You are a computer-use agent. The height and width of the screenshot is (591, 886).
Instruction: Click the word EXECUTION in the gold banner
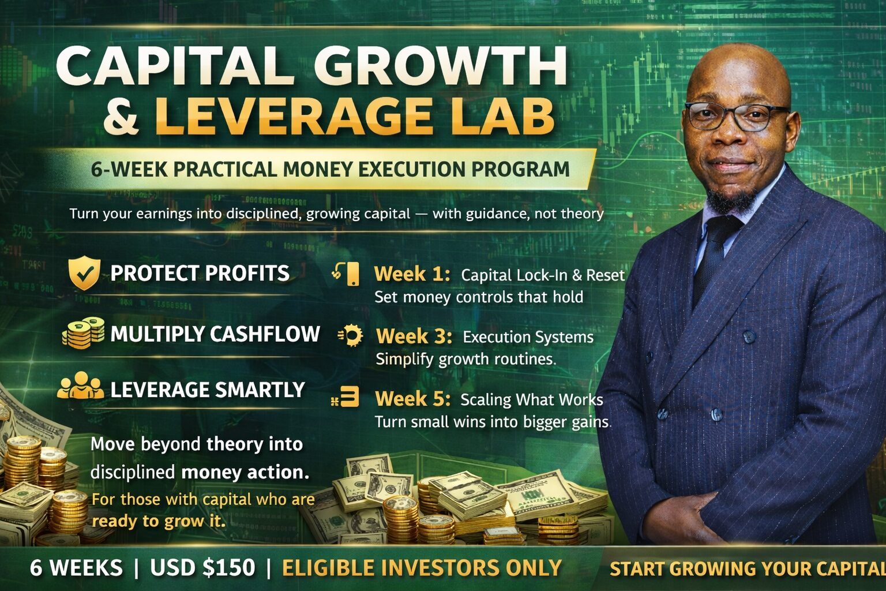411,169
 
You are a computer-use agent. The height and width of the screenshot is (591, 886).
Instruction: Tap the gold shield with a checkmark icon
84,273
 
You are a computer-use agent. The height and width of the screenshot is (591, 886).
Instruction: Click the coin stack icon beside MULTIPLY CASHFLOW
84,333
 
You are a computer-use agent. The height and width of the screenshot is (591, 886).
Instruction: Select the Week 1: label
412,274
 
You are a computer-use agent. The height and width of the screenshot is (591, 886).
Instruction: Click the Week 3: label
414,336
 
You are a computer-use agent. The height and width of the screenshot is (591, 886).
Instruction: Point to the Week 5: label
412,399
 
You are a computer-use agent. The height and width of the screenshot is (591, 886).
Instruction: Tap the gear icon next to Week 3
351,335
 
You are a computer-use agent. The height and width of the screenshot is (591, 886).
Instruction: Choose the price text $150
229,568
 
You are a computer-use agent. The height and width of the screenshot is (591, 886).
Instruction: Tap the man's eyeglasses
737,117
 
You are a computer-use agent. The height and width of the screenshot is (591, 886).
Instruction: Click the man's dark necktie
715,257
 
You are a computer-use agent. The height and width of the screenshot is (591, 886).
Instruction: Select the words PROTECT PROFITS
200,273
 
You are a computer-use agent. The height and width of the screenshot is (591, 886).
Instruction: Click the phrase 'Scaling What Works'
532,399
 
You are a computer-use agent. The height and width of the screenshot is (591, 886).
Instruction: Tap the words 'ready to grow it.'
159,521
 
